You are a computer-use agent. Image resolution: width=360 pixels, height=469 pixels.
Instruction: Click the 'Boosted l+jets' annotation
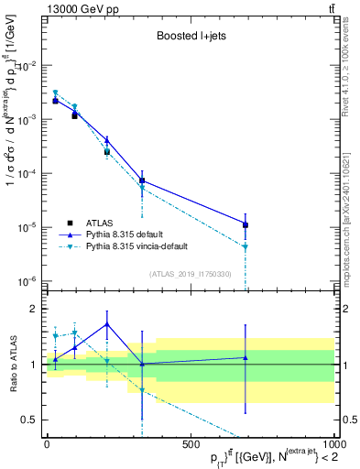189,38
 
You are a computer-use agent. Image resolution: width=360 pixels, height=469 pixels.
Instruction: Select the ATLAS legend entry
100,223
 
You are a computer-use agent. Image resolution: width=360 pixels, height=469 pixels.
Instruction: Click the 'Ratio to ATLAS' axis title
11,365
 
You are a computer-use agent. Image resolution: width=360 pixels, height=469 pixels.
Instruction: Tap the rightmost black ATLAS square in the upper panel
245,224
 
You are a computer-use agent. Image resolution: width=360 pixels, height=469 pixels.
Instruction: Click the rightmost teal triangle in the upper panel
245,246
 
